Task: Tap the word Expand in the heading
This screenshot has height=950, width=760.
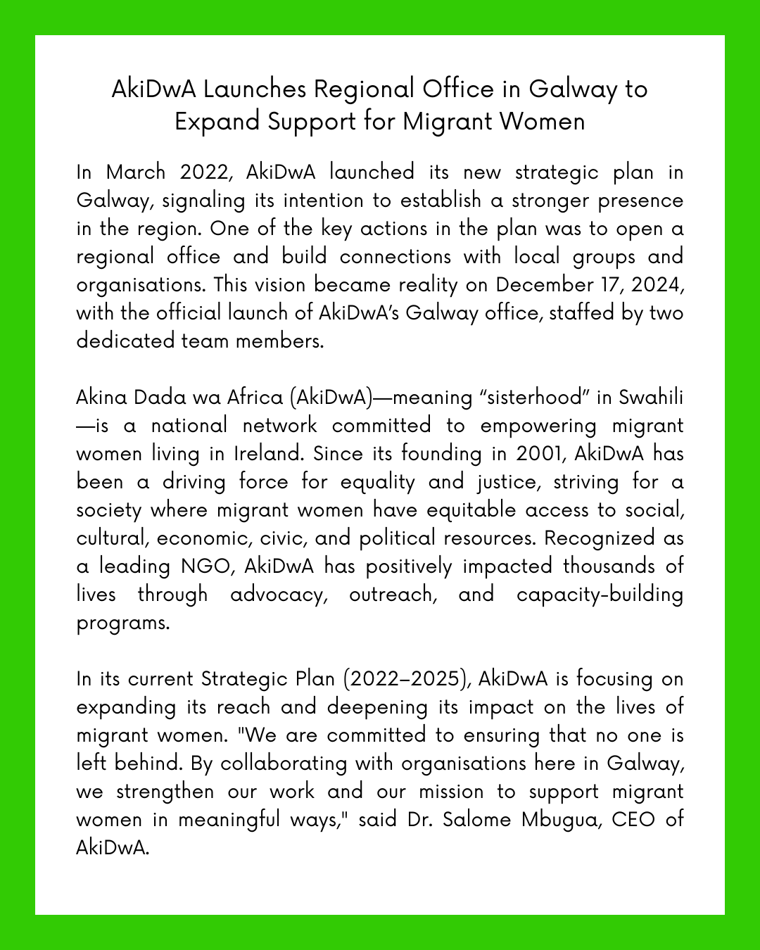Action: (x=217, y=122)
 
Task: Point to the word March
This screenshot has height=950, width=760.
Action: (x=136, y=172)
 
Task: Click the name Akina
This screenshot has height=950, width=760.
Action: (x=101, y=398)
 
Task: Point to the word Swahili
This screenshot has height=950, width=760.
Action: (x=651, y=398)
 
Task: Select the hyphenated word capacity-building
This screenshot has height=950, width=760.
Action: (x=600, y=595)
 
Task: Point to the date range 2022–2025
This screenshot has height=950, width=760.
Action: (x=407, y=679)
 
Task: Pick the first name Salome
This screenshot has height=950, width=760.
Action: (x=476, y=820)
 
